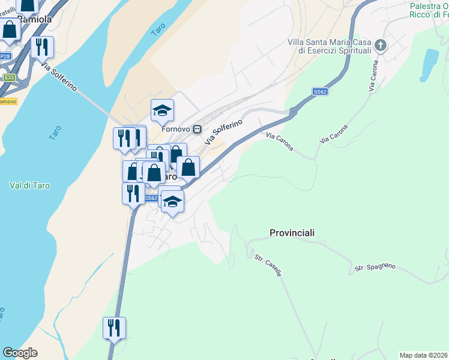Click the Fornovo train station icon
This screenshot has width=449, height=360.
click(x=196, y=129)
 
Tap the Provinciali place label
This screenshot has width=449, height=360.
click(x=292, y=233)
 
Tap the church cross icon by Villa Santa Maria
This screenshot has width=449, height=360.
click(x=380, y=45)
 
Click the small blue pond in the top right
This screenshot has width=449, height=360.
click(x=429, y=64)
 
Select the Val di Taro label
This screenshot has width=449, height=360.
click(x=30, y=185)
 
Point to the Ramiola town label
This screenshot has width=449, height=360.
click(x=35, y=19)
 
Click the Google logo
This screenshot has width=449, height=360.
click(x=20, y=353)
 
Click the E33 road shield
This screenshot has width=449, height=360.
click(x=8, y=77)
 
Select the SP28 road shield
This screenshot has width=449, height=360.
click(x=5, y=56)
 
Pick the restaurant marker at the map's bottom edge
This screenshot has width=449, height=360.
click(x=114, y=328)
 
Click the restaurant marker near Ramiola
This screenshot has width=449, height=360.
click(x=42, y=47)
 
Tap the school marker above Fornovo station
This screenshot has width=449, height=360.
click(x=162, y=110)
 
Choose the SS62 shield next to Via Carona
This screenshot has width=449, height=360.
click(x=320, y=92)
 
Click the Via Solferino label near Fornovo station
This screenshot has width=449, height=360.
click(x=223, y=132)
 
